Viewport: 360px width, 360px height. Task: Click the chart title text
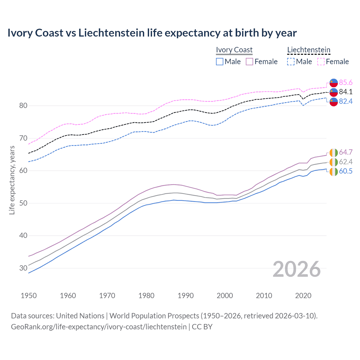pos(152,33)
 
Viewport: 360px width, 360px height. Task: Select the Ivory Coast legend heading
pos(234,50)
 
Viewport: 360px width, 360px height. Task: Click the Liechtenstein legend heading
pos(309,50)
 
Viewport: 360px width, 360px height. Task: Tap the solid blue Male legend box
pos(220,62)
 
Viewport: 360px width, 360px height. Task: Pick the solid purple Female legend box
pos(249,62)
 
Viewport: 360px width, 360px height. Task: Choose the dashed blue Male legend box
pos(291,62)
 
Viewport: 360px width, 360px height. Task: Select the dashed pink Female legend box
pos(321,62)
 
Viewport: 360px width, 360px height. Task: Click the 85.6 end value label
pos(346,82)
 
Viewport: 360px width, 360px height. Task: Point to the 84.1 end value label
pos(346,92)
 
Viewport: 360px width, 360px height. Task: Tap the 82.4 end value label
pos(346,101)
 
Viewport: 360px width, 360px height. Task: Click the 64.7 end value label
pos(346,152)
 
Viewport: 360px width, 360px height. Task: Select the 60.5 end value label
pos(346,171)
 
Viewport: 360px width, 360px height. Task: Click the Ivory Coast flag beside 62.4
pos(334,162)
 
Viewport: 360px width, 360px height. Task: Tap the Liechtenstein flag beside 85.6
pos(334,83)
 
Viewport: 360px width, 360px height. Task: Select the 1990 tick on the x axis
pos(186,296)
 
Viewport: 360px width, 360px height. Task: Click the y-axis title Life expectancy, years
pos(12,180)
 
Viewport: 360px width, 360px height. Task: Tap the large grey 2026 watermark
pos(297,269)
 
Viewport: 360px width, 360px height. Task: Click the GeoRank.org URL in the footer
pos(99,327)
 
